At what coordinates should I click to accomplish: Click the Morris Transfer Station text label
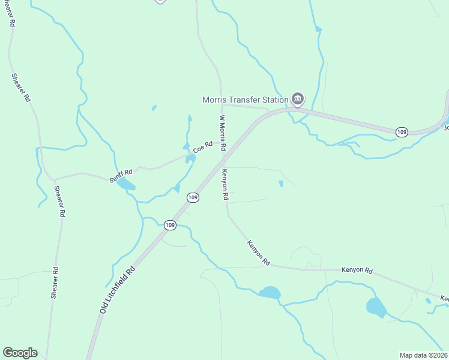point(245,100)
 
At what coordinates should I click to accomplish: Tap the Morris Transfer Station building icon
point(297,98)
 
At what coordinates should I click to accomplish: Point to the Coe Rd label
point(203,147)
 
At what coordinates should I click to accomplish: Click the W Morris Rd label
point(223,133)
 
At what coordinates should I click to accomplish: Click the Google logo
point(20,353)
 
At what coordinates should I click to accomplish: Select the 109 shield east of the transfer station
point(402,131)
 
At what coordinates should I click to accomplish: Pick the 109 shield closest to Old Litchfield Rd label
point(170,225)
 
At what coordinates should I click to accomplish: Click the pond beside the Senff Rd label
point(126,184)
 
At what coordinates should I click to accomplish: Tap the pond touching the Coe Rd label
point(190,158)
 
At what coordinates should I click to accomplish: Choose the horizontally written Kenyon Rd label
point(357,271)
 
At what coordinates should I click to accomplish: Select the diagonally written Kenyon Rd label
point(259,253)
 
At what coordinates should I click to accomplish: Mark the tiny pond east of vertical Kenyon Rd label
point(280,184)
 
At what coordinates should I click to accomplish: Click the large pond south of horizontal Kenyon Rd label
point(376,307)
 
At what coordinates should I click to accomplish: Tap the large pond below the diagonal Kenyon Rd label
point(270,293)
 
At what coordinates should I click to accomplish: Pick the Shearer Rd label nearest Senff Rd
point(59,201)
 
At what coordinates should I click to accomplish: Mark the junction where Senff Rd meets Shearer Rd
point(53,179)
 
